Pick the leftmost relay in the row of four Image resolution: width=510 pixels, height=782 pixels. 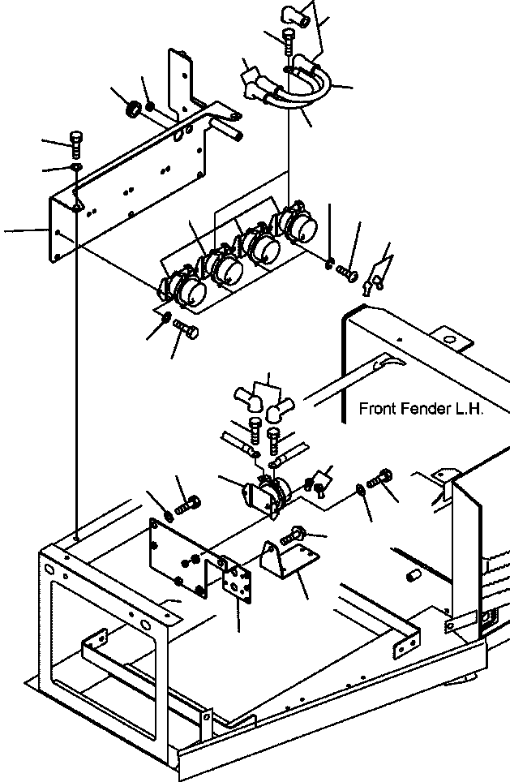(x=183, y=290)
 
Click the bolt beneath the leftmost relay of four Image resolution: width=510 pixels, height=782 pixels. (x=188, y=331)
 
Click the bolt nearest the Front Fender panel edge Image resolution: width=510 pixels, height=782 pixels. (x=379, y=480)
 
